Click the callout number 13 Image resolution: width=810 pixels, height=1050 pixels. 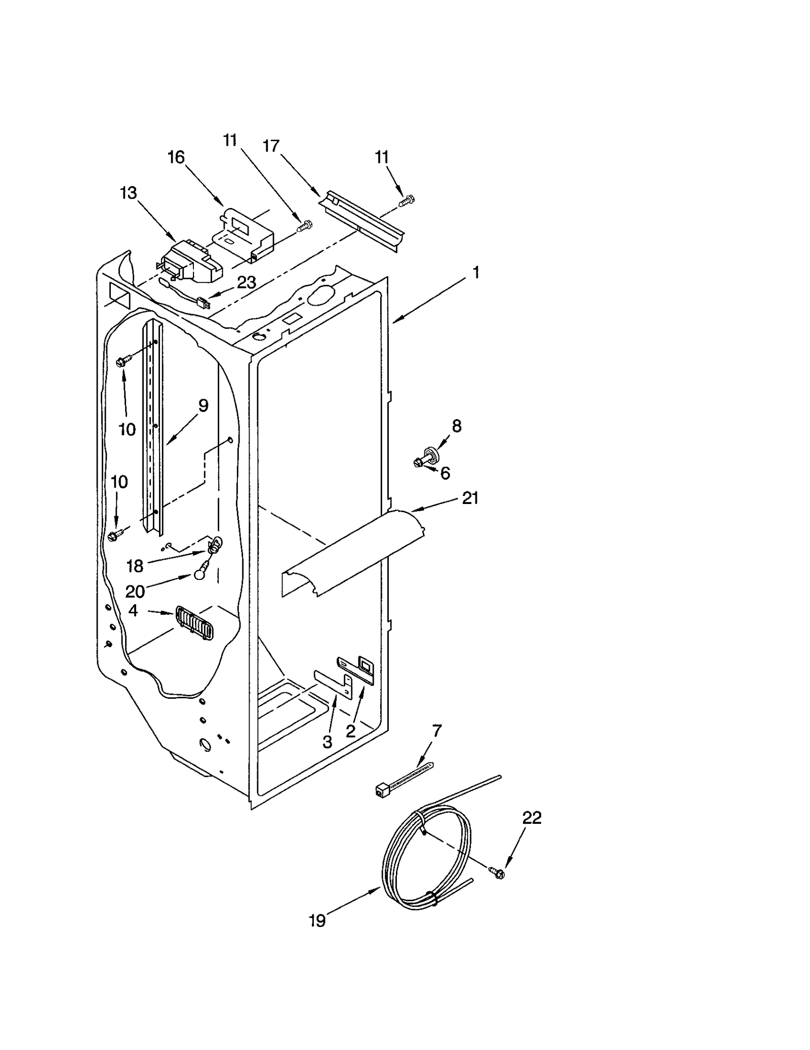click(128, 193)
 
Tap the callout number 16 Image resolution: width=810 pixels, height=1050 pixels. click(176, 157)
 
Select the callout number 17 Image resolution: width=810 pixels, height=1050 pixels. click(271, 146)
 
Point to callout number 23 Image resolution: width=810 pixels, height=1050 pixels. click(247, 282)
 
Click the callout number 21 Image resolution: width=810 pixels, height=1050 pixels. click(470, 498)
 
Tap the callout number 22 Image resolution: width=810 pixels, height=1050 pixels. click(532, 817)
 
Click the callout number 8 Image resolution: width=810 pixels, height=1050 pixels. click(457, 426)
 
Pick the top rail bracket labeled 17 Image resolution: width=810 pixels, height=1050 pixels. click(362, 219)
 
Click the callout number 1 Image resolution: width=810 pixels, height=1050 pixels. click(475, 273)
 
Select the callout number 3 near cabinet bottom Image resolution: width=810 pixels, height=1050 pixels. click(328, 742)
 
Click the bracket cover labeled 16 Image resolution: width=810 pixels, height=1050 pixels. click(246, 232)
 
